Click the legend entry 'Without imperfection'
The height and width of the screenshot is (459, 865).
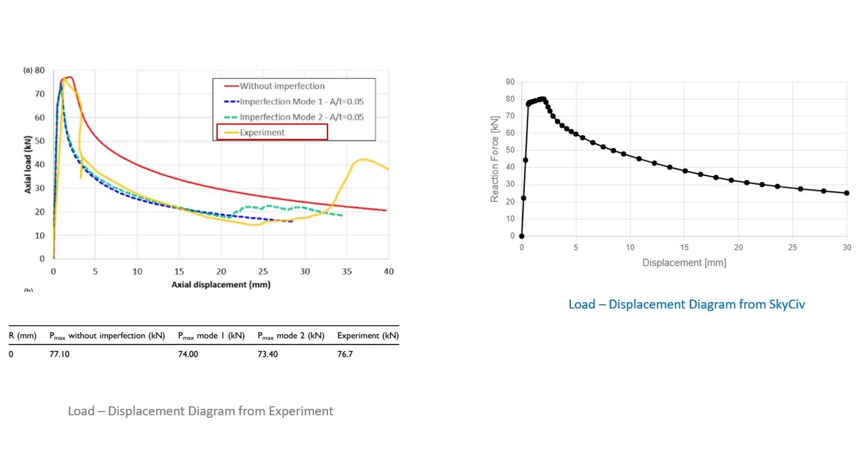[275, 86]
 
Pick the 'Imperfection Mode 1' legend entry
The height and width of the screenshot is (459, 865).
[294, 102]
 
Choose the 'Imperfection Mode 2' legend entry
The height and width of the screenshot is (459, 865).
[294, 117]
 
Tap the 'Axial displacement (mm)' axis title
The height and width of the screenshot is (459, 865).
[221, 285]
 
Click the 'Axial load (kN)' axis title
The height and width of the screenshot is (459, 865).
[28, 165]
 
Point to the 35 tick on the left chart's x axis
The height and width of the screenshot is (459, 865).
[347, 271]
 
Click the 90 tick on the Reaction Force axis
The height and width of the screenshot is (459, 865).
[510, 82]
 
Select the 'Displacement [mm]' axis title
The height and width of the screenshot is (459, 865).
[685, 262]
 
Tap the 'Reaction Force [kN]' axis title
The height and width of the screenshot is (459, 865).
[494, 159]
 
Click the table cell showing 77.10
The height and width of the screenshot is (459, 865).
[60, 354]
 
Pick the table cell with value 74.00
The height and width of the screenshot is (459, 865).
[188, 354]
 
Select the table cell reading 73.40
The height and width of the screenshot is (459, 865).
[268, 354]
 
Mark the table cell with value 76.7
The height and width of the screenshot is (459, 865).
[345, 354]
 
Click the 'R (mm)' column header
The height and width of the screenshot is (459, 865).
[22, 336]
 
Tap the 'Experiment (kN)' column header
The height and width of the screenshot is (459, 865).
[368, 336]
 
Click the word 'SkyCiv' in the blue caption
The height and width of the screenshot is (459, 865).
[787, 304]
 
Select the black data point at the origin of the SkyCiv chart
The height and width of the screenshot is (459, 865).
[521, 236]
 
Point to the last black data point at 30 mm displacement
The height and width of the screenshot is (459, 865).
[847, 193]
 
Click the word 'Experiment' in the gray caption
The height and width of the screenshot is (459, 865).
[301, 411]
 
